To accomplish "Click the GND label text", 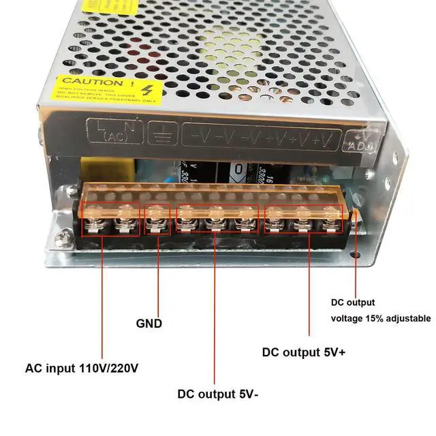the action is [x=149, y=324].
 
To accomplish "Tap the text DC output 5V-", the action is [x=217, y=393].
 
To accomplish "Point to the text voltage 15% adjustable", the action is [x=381, y=318].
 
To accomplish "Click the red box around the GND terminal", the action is [x=158, y=219].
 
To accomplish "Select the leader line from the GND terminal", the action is [x=158, y=272].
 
